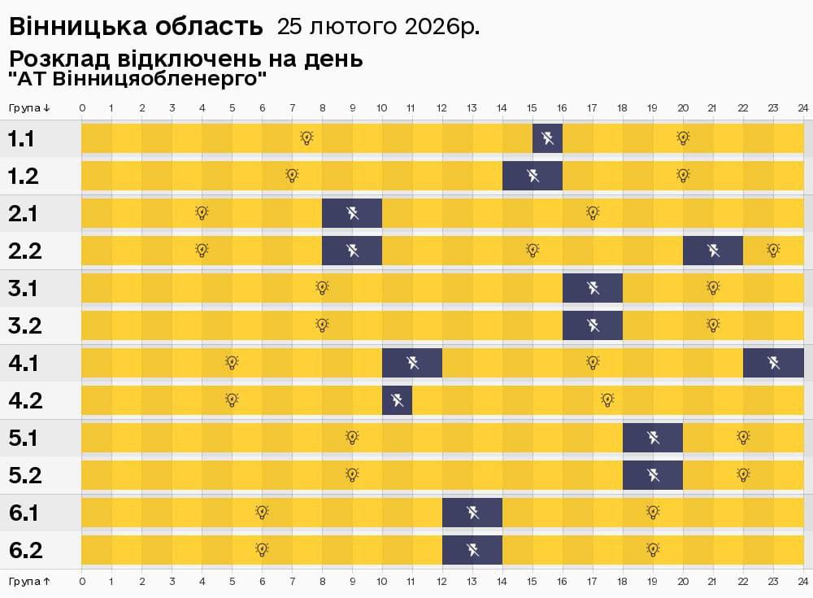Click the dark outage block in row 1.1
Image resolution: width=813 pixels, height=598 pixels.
tap(547, 138)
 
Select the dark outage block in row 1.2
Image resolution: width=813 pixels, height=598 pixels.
tap(533, 176)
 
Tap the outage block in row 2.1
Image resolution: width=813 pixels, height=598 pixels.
tap(352, 213)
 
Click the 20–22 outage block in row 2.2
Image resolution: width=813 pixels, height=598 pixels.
tap(713, 251)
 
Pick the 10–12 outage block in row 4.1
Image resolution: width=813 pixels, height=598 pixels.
tap(412, 363)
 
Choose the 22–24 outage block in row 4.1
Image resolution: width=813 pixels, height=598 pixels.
tap(773, 363)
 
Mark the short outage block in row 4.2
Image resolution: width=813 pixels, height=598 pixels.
tap(397, 400)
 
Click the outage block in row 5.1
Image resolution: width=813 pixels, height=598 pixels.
tap(653, 438)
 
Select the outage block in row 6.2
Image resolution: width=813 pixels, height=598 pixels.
tap(472, 550)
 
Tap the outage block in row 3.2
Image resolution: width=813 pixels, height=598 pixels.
tap(593, 325)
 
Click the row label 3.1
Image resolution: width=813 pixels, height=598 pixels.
tap(23, 289)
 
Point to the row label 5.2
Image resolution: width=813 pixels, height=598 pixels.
tap(24, 476)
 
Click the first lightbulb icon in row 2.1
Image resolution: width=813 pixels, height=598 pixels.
tap(202, 213)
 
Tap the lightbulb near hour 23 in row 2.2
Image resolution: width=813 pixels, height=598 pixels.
tap(773, 251)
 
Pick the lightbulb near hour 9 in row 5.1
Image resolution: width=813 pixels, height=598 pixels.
tap(352, 438)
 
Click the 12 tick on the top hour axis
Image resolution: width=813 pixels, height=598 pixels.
tap(442, 107)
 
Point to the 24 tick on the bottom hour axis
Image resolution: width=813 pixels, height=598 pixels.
tap(802, 582)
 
